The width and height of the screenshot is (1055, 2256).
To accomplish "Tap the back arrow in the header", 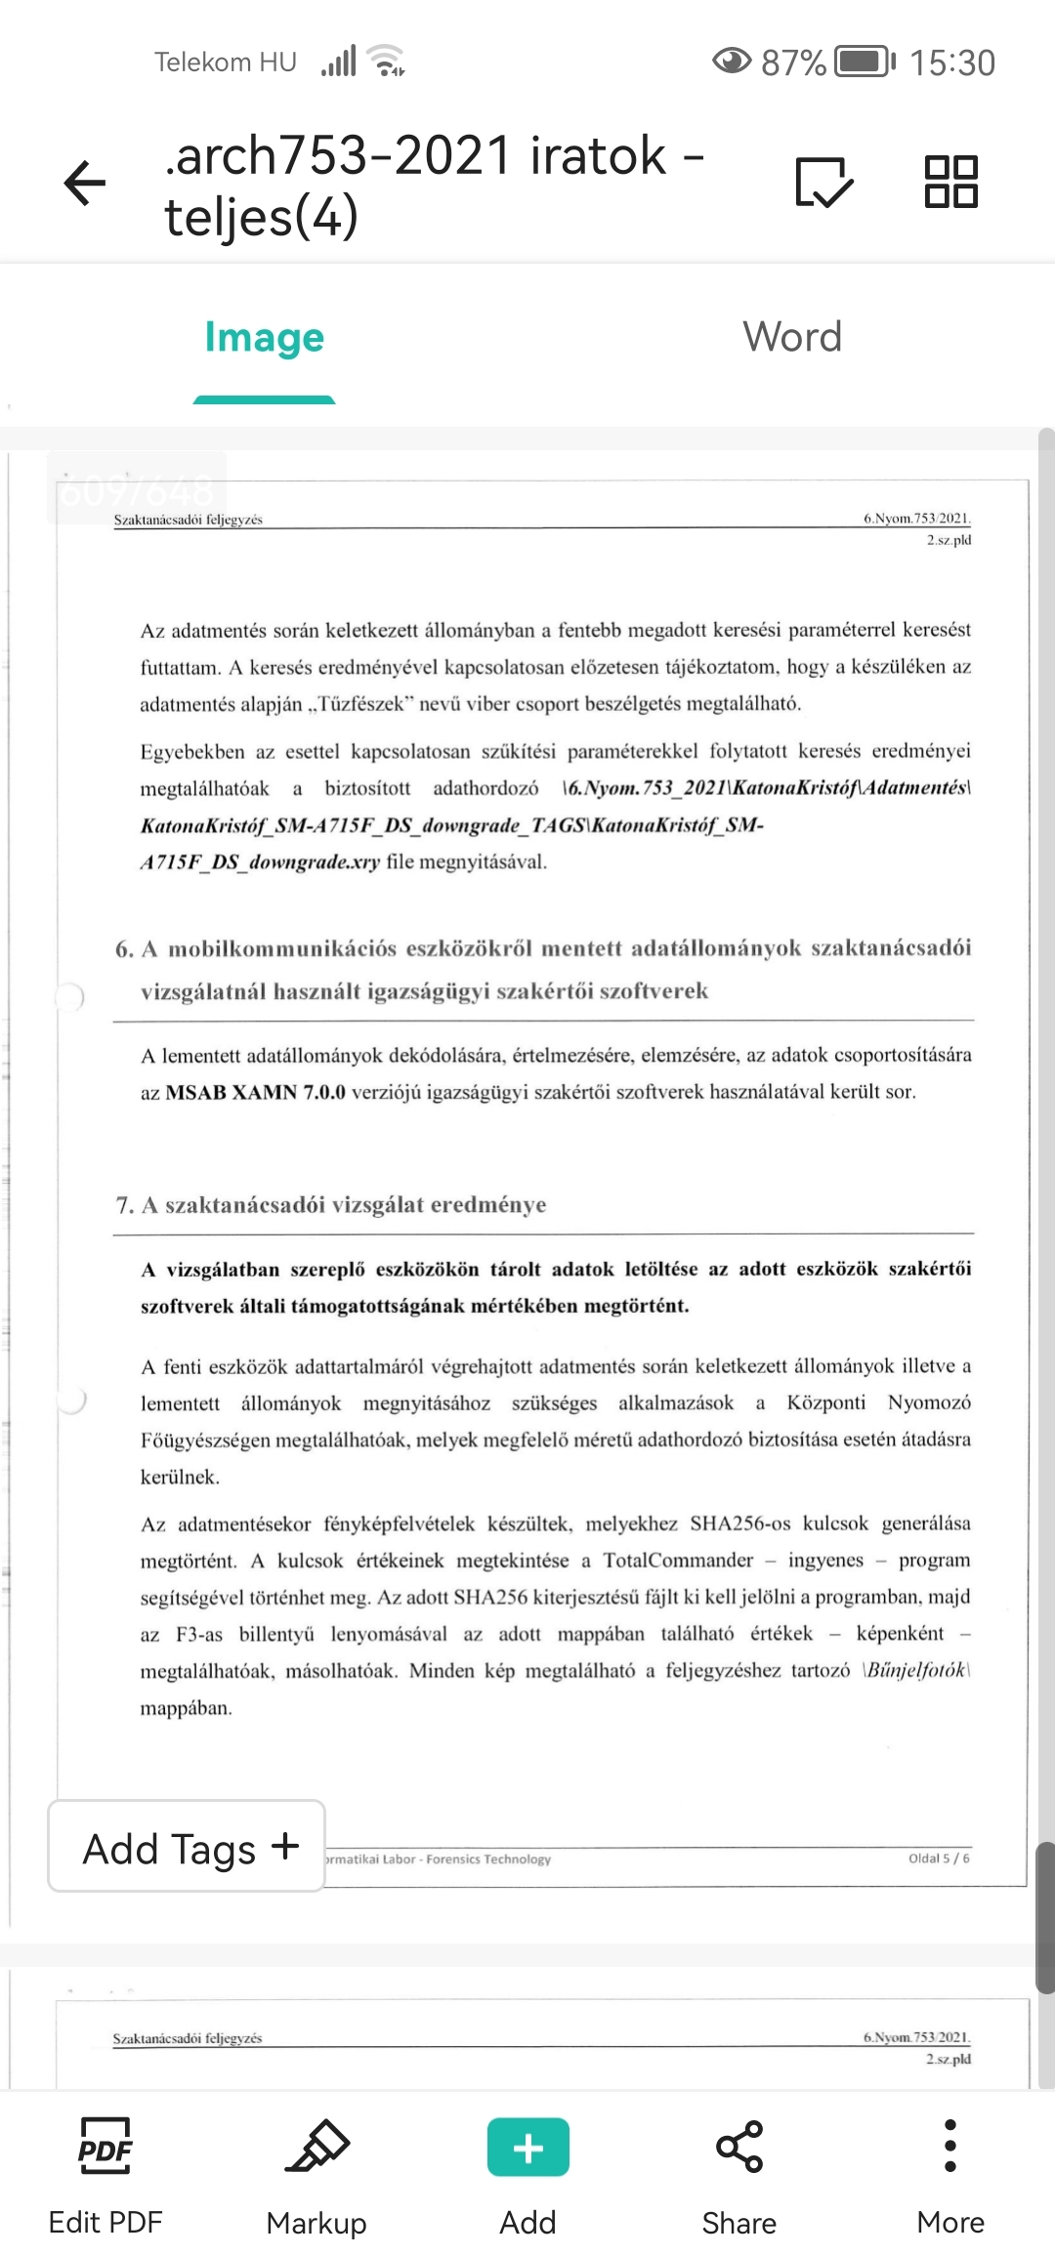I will [x=85, y=183].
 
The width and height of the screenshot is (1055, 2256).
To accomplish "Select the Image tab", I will [x=264, y=338].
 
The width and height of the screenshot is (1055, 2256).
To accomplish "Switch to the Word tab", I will [x=791, y=338].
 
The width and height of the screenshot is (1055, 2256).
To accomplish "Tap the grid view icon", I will [x=950, y=182].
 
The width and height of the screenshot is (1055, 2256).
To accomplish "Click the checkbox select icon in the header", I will [x=823, y=182].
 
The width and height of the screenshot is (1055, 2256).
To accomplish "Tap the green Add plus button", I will [x=527, y=2149].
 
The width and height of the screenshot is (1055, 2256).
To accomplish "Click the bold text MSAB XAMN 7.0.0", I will [x=255, y=1092].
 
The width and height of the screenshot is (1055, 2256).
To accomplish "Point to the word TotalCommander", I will [x=678, y=1561].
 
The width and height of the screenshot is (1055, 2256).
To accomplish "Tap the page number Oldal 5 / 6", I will [x=939, y=1859].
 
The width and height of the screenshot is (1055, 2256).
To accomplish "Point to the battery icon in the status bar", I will [x=865, y=63].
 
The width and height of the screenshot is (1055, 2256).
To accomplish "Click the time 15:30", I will [x=951, y=63].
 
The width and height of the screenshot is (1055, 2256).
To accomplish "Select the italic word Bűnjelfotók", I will [x=916, y=1670].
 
